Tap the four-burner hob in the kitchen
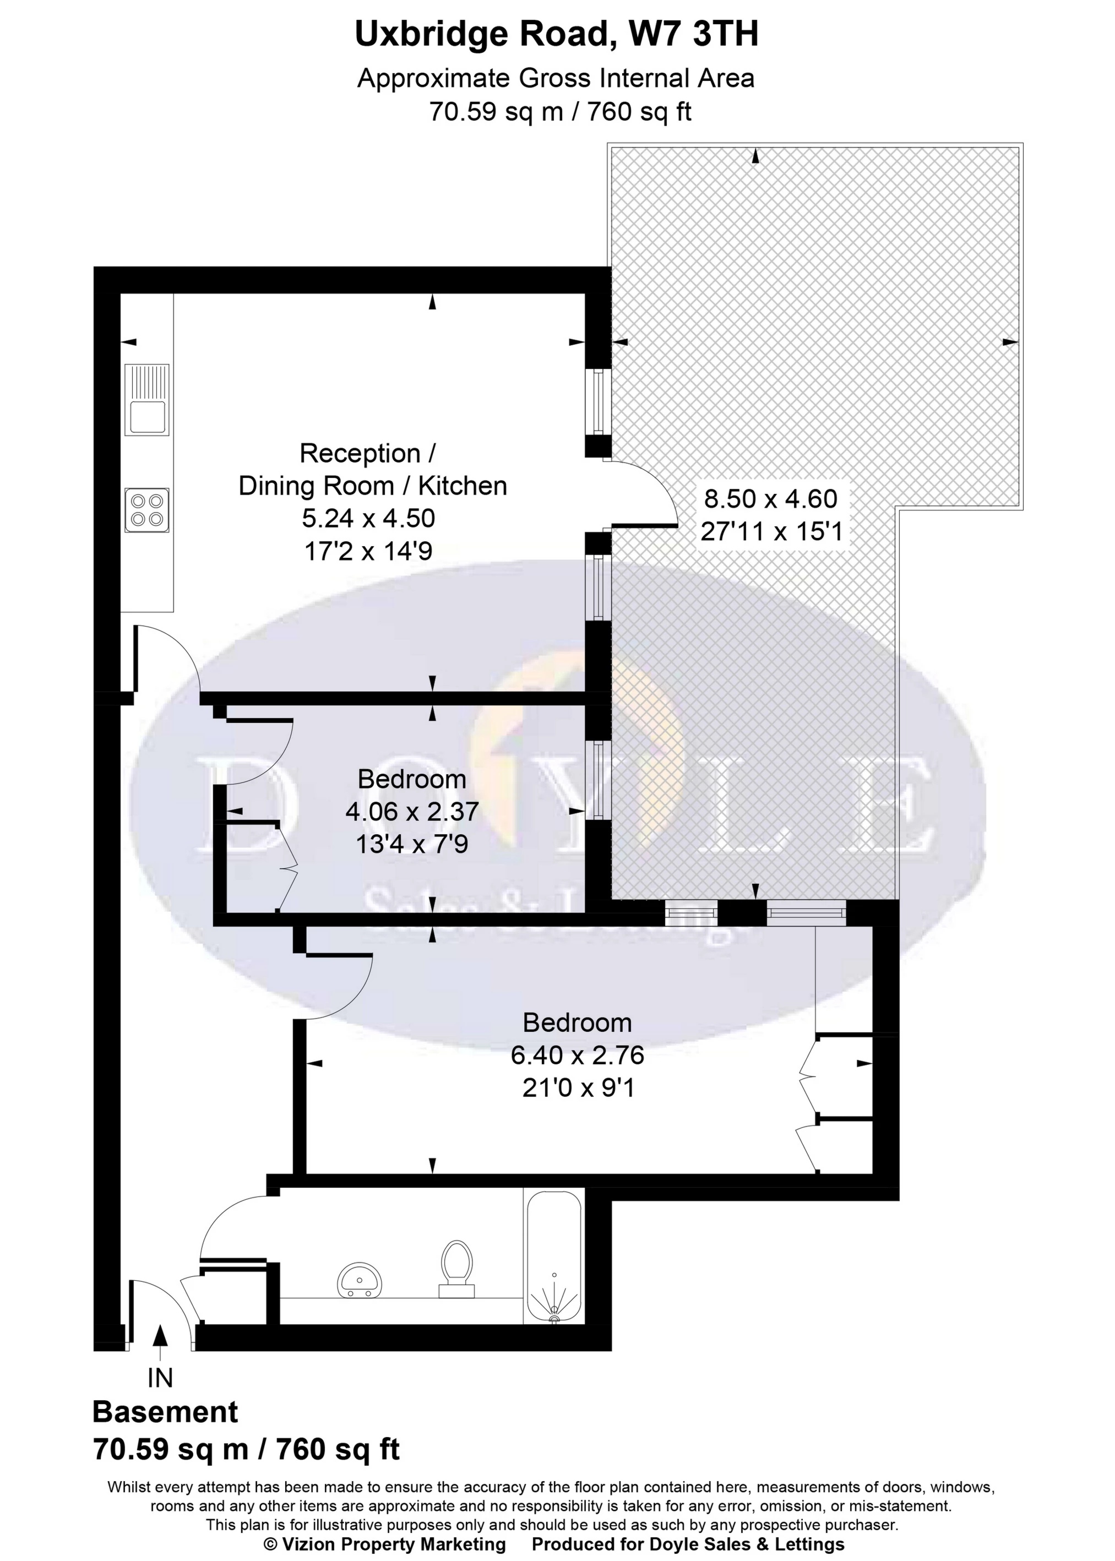point(147,510)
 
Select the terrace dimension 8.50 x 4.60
point(770,498)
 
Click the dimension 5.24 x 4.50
point(369,518)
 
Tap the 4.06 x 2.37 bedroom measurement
point(412,812)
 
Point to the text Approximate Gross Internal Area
point(556,79)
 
